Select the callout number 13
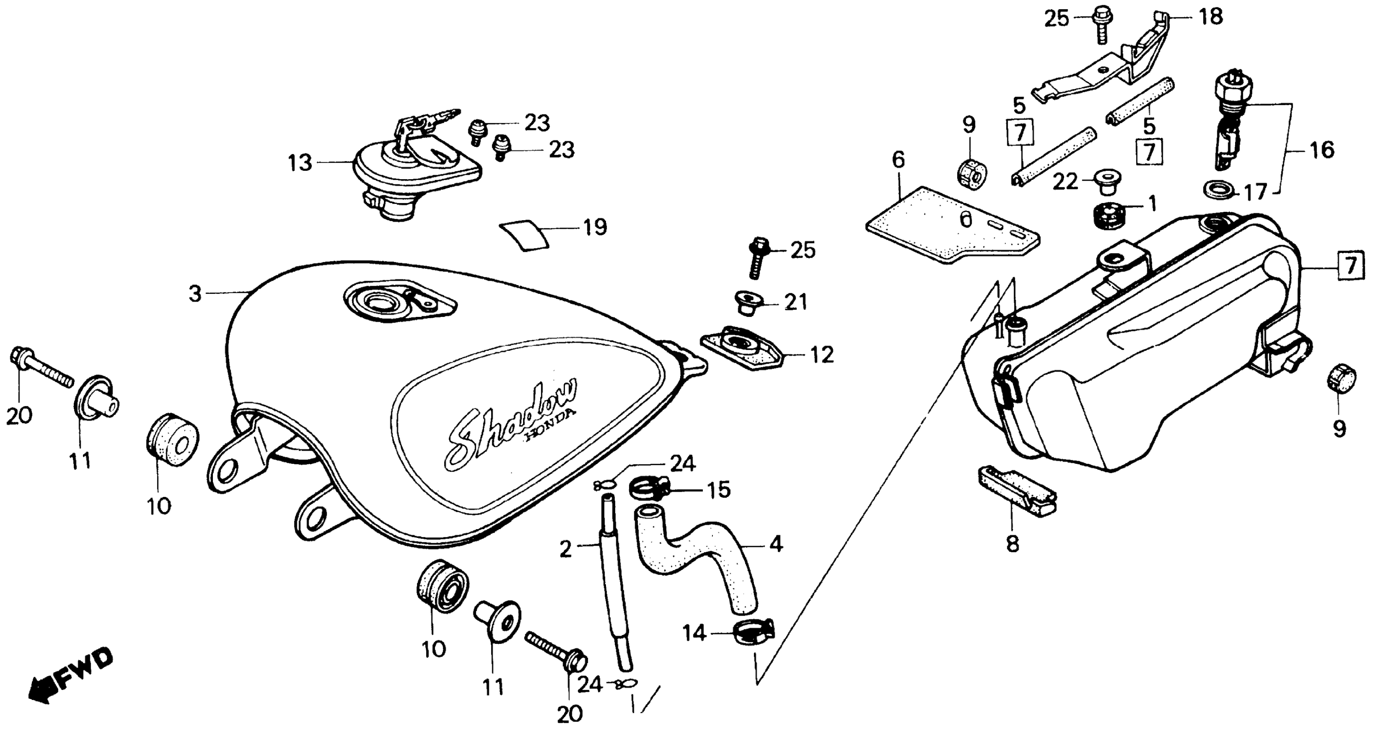pyautogui.click(x=300, y=162)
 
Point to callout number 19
pyautogui.click(x=595, y=228)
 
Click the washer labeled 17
pyautogui.click(x=1216, y=189)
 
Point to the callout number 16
pyautogui.click(x=1322, y=150)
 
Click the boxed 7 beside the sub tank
pyautogui.click(x=1351, y=265)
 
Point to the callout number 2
pyautogui.click(x=565, y=549)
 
